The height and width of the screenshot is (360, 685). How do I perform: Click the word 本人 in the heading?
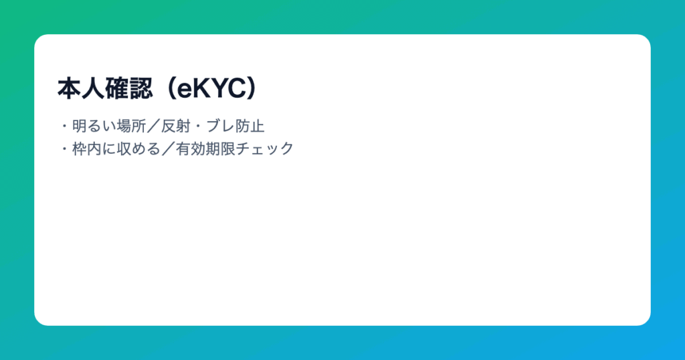81,89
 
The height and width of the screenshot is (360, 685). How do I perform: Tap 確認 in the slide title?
129,89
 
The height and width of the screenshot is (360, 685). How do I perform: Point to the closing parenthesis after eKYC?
252,89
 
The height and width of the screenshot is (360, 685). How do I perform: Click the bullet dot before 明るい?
65,126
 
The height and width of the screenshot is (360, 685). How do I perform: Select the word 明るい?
94,126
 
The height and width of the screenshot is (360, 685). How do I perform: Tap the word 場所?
132,126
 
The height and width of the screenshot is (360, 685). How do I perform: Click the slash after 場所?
154,126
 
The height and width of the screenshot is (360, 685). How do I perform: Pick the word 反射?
176,126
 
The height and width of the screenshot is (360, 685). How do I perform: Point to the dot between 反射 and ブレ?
198,126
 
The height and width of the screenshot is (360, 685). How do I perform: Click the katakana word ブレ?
220,126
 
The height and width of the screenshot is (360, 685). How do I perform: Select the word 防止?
250,126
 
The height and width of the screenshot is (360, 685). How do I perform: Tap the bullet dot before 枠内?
65,149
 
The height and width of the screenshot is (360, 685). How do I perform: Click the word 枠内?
87,149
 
